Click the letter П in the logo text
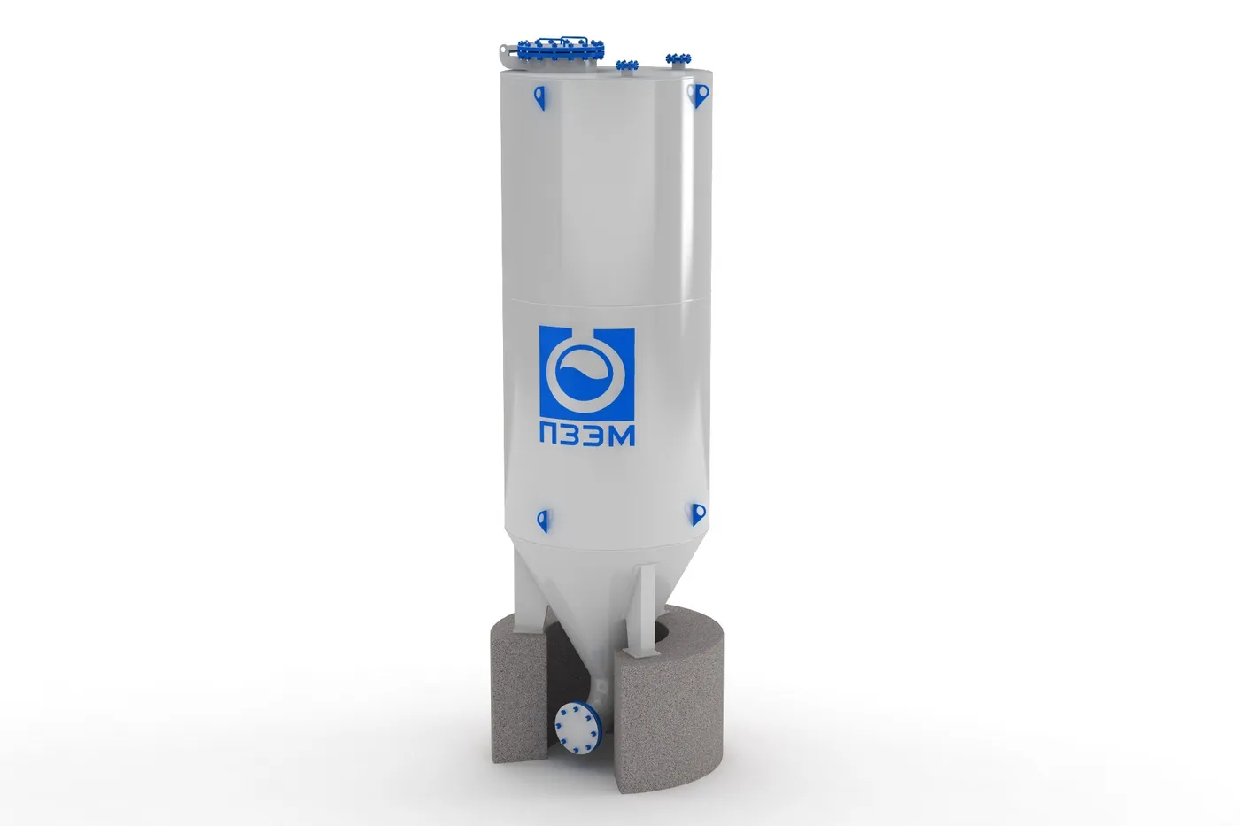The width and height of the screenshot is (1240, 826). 551,436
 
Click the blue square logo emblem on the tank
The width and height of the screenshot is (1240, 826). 586,374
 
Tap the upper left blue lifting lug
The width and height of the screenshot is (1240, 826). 539,97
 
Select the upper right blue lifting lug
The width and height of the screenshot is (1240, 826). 698,95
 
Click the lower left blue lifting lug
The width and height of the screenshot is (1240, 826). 543,521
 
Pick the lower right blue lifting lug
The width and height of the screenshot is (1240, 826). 698,514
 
